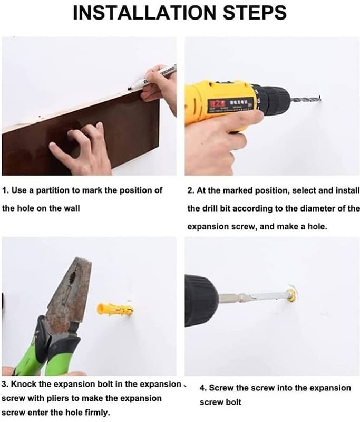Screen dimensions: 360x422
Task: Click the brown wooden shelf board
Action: coord(81,135)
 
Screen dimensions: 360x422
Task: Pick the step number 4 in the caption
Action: coord(202,388)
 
